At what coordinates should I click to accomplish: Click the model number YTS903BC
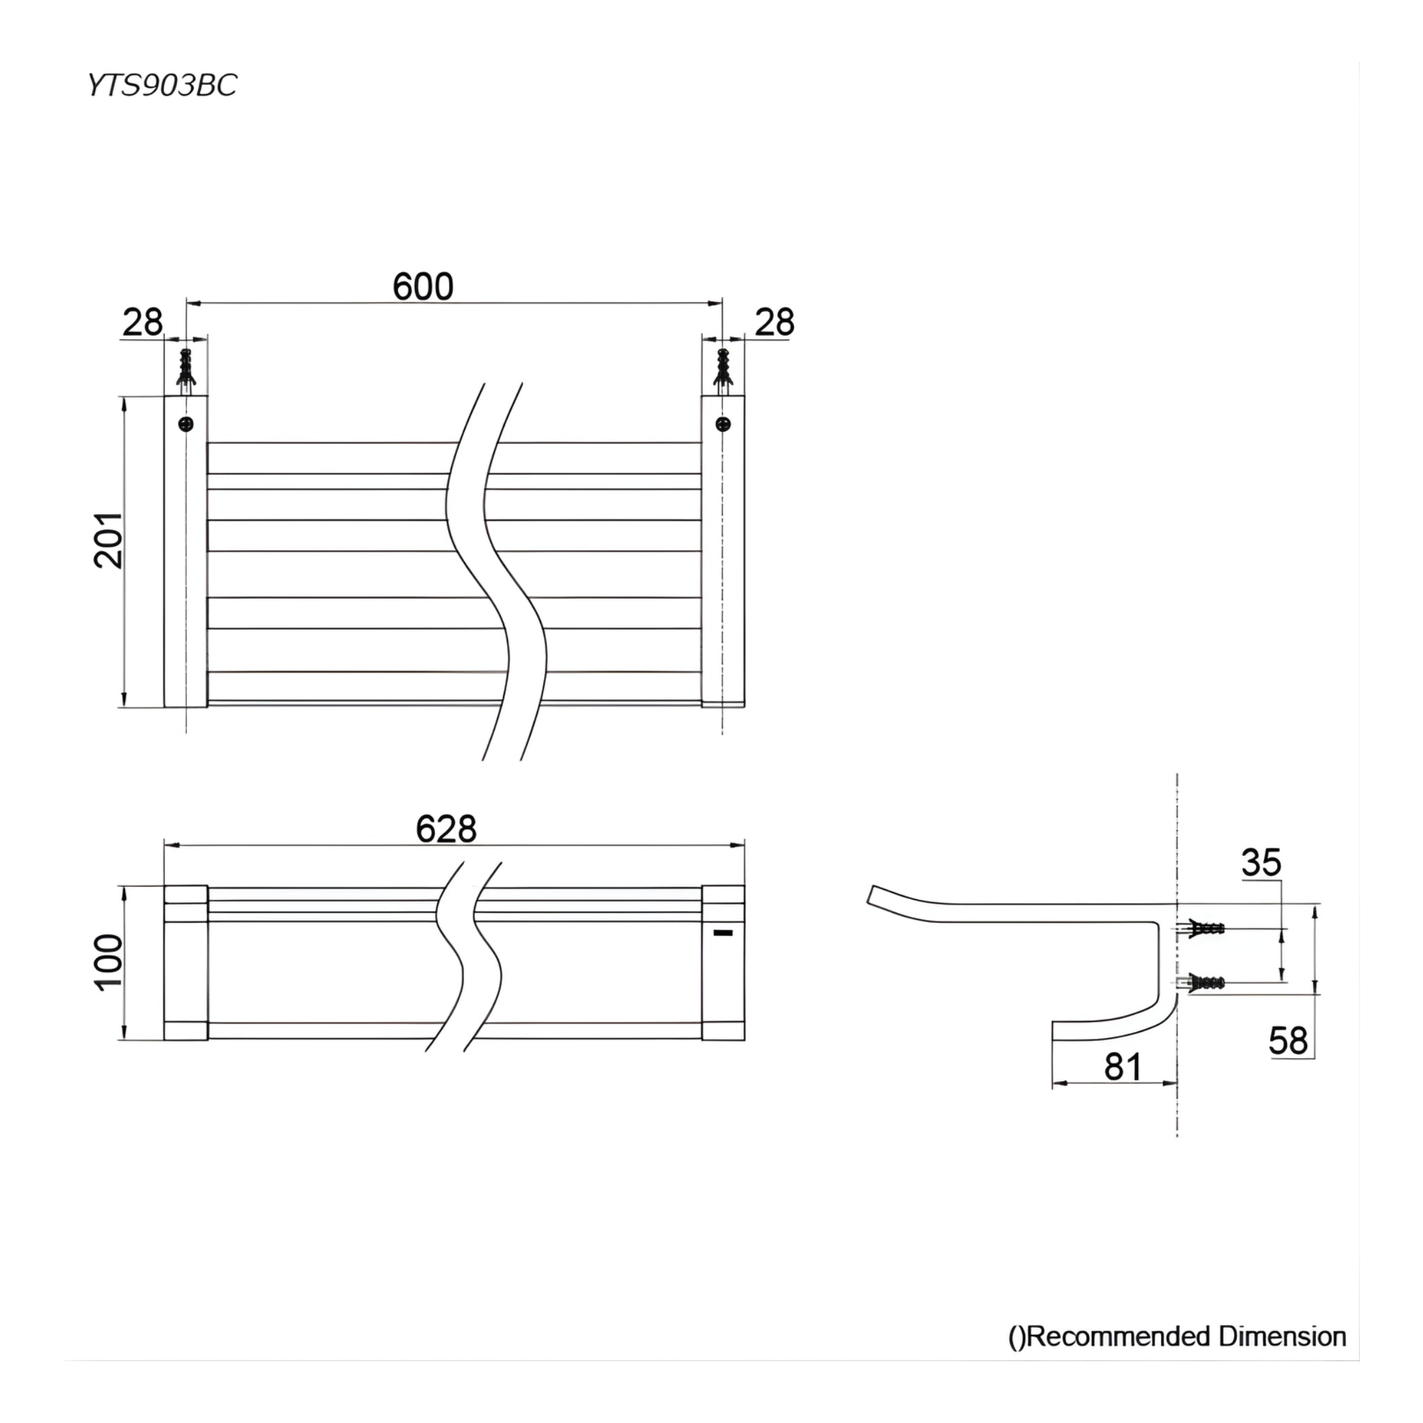click(x=161, y=85)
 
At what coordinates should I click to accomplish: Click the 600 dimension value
click(x=422, y=286)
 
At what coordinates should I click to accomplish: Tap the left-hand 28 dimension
click(x=142, y=322)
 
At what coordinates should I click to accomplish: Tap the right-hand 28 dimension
click(x=774, y=322)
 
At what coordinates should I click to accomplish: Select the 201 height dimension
click(x=108, y=540)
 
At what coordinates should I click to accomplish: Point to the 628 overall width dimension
click(x=445, y=829)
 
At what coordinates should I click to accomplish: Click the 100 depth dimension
click(x=110, y=962)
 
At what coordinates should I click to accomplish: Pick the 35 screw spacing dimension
click(x=1261, y=862)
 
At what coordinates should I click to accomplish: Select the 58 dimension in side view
click(x=1288, y=1041)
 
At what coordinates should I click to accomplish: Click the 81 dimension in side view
click(x=1123, y=1067)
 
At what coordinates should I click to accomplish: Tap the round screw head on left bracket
click(x=186, y=424)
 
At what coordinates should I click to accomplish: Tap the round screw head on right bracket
click(x=724, y=424)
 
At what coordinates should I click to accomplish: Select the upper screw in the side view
click(x=1203, y=928)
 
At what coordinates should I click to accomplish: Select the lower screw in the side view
click(x=1203, y=982)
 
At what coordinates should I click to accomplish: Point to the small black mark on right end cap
click(x=723, y=933)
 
